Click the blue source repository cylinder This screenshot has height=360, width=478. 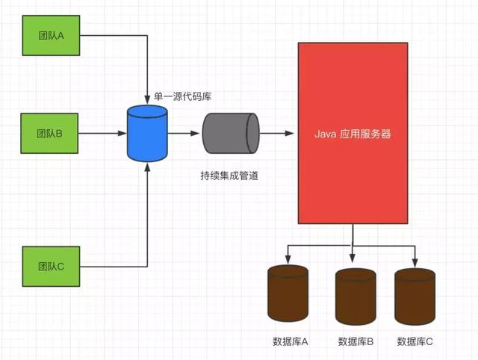pyautogui.click(x=147, y=134)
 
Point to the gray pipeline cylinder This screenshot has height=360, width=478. pyautogui.click(x=229, y=134)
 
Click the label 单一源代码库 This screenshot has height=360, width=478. pyautogui.click(x=183, y=96)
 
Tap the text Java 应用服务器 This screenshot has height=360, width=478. pyautogui.click(x=353, y=135)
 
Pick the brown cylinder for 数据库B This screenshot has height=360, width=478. pyautogui.click(x=356, y=296)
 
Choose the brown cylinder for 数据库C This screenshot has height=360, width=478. pyautogui.click(x=415, y=296)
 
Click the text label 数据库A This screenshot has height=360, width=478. pyautogui.click(x=291, y=341)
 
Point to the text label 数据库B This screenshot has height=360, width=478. pyautogui.click(x=356, y=341)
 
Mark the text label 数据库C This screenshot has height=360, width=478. pyautogui.click(x=415, y=341)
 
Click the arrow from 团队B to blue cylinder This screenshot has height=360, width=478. pyautogui.click(x=102, y=134)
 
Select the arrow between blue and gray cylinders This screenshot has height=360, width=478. pyautogui.click(x=184, y=134)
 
